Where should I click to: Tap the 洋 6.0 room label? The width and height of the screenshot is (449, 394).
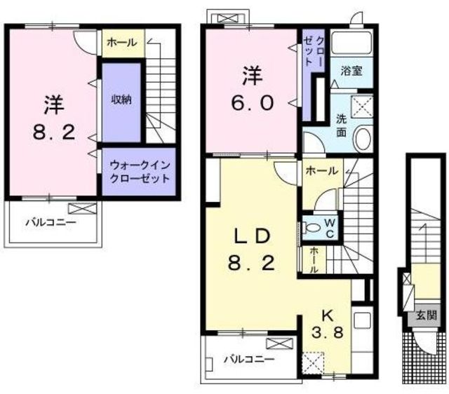[x=252, y=86]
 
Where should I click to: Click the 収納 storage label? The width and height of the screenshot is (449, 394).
[x=121, y=100]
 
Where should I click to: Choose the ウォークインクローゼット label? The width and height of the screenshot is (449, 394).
[x=138, y=172]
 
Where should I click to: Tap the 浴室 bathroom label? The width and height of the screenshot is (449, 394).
[x=351, y=71]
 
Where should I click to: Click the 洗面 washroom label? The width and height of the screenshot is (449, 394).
[x=342, y=125]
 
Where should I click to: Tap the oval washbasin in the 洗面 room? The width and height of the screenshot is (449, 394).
[x=363, y=137]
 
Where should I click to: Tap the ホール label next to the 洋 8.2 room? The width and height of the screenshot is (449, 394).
[x=122, y=43]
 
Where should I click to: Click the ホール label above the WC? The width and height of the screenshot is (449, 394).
[x=321, y=170]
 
